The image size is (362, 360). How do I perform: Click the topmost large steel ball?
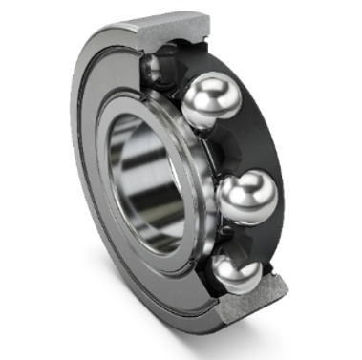click(x=211, y=104)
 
